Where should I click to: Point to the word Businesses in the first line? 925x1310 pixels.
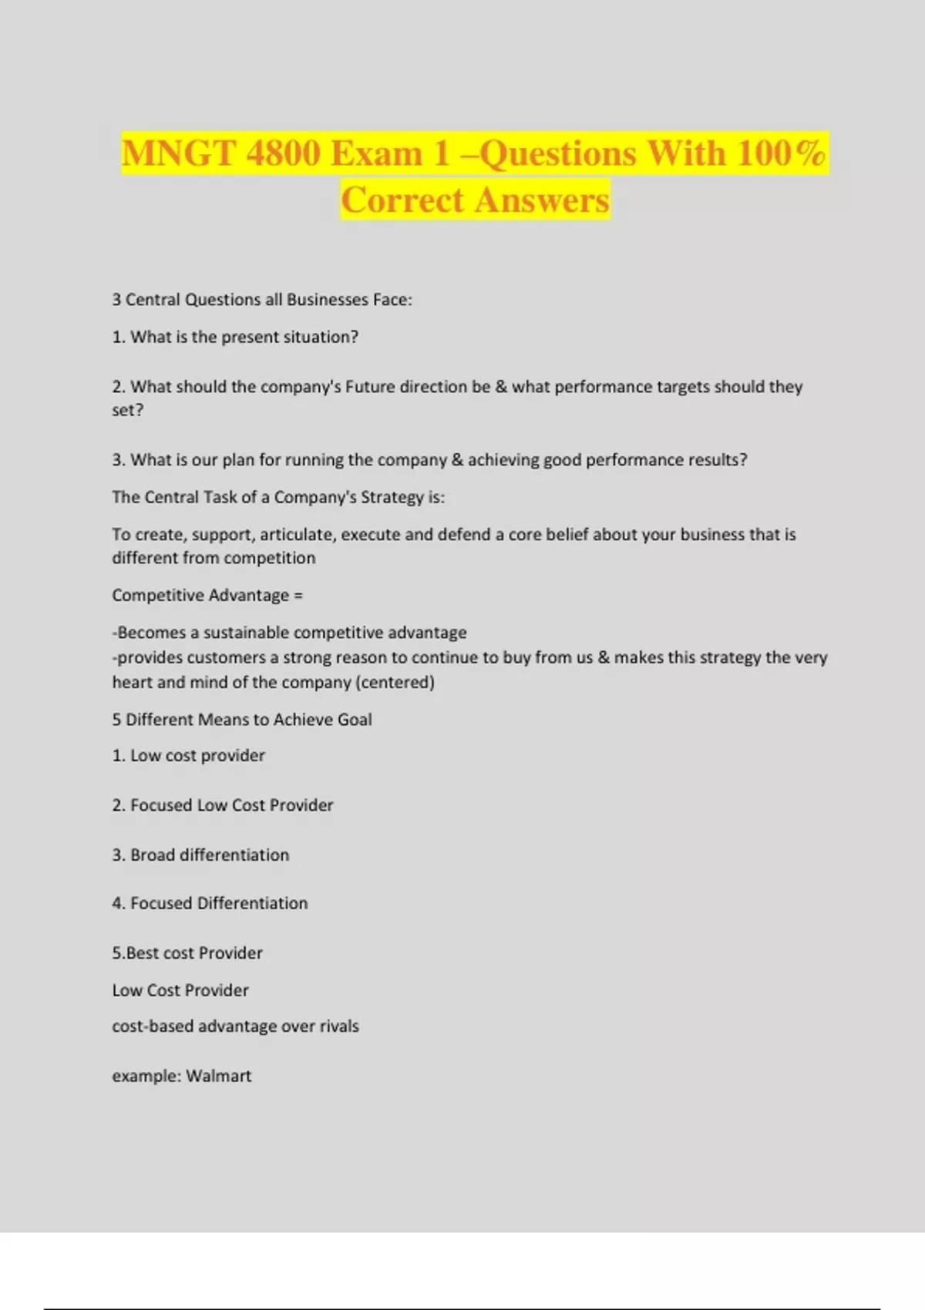(x=328, y=300)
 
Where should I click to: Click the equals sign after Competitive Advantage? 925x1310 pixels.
(x=298, y=596)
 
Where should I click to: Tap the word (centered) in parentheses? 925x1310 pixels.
(x=395, y=683)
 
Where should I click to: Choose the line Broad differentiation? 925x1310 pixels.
(x=200, y=855)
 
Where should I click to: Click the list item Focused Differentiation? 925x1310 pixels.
(x=210, y=903)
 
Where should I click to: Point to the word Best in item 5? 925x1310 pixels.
(x=143, y=953)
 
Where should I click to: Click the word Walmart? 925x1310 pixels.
(x=219, y=1077)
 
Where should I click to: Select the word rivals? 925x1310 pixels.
(x=339, y=1026)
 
